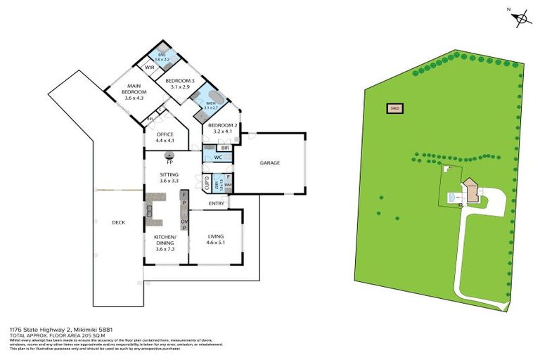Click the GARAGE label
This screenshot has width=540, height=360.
coord(270,163)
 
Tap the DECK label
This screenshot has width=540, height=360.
coord(118,223)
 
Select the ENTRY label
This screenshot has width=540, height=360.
coord(216,204)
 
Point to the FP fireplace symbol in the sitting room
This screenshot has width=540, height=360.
coord(169,155)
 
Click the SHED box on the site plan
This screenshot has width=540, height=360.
coord(395,108)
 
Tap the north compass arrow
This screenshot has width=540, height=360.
coord(520,18)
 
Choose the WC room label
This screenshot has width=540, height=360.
coord(218,157)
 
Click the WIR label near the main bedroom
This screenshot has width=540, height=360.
coord(149,67)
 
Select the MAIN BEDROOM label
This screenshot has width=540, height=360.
coord(134,92)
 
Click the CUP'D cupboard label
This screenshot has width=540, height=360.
coord(206,184)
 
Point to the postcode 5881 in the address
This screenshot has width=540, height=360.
coord(104,328)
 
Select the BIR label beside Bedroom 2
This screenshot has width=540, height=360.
coord(224,148)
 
